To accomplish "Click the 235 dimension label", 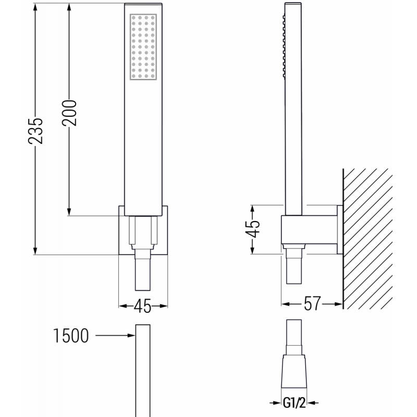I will (x=35, y=129).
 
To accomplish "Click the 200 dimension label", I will (x=69, y=112).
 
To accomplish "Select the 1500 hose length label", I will (x=70, y=337).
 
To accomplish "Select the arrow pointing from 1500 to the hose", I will (x=115, y=337).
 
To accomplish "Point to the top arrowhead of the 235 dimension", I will (x=35, y=6).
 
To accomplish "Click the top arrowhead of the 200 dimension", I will (x=69, y=6).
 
